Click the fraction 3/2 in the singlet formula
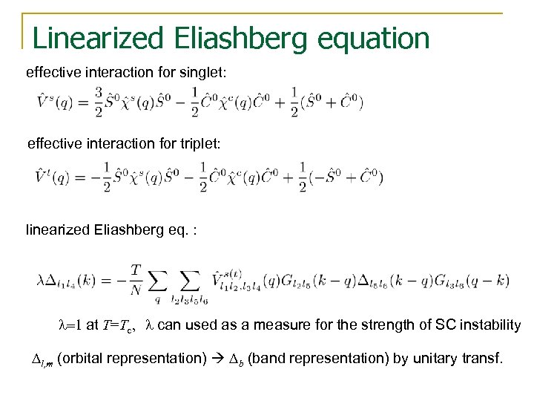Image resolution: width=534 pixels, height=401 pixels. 98,101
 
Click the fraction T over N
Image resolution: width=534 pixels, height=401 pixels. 136,280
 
